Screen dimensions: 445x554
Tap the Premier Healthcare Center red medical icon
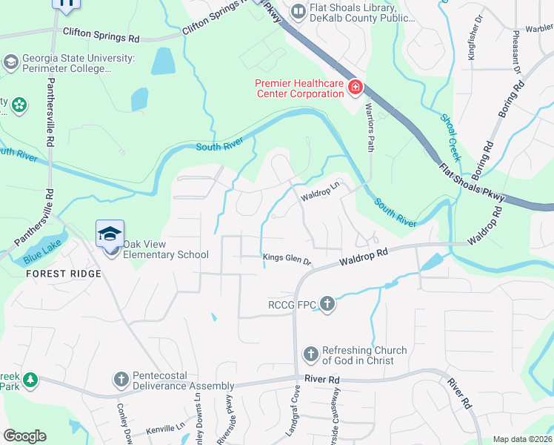click(356, 89)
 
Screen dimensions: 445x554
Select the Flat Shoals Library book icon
click(298, 10)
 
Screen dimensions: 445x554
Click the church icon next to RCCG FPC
click(326, 304)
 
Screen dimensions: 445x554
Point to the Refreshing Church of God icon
click(310, 355)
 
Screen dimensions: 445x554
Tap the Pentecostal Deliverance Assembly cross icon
click(121, 380)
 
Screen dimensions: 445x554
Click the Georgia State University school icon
click(11, 62)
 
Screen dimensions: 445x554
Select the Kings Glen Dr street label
click(287, 259)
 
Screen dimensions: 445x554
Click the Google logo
click(24, 435)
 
